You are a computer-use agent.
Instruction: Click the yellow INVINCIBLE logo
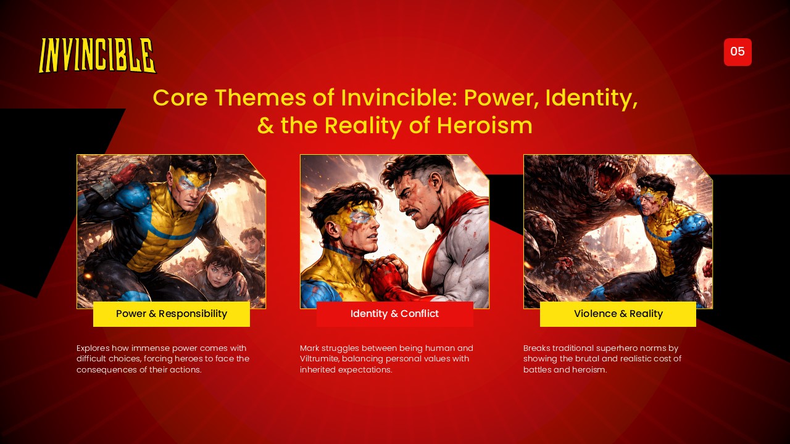98,55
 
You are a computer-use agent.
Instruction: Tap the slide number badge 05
738,52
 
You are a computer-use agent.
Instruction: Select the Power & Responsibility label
172,314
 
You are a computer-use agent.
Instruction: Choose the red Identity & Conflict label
394,314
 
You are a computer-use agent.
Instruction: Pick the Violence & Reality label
618,314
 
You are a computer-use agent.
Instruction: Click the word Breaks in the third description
536,348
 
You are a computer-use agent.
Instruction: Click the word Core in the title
178,98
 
